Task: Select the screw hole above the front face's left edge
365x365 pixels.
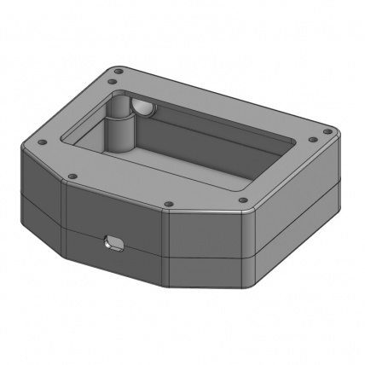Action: (72, 177)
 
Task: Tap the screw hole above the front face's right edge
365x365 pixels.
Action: (168, 204)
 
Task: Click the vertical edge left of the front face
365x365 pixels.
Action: (64, 222)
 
